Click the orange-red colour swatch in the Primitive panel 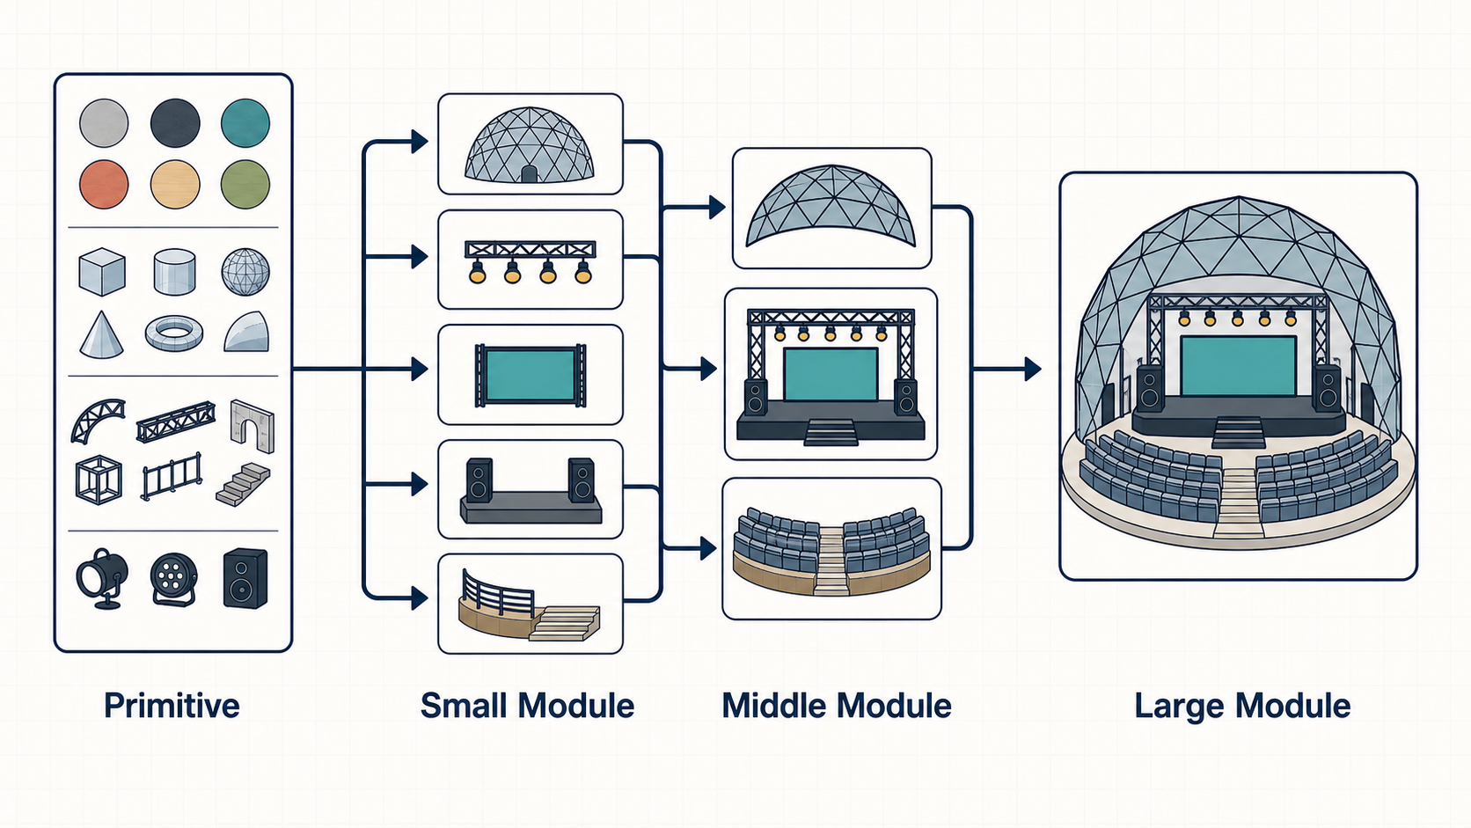point(104,185)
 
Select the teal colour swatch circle point(245,123)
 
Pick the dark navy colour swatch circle point(175,123)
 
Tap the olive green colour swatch point(245,185)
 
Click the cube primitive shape point(102,272)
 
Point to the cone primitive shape point(101,335)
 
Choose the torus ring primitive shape point(174,333)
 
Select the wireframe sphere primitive point(245,272)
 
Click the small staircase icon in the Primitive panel point(244,485)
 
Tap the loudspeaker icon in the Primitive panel point(245,578)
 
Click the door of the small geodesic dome point(529,174)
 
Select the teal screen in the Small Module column point(530,375)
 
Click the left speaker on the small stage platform point(479,480)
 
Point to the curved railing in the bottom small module point(497,595)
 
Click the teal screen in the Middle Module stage point(830,374)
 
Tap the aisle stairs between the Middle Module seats point(831,561)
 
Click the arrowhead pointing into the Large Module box point(1033,369)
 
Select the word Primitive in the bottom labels point(172,707)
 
